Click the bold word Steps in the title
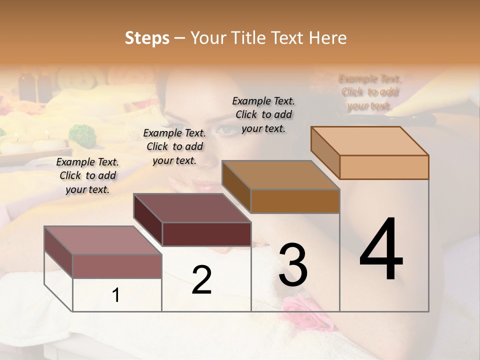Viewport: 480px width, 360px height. point(147,38)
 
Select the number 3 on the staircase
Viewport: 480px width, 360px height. point(293,265)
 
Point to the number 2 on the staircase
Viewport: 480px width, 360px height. point(201,280)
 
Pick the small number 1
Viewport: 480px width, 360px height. point(116,295)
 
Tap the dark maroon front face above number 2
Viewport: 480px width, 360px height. point(206,234)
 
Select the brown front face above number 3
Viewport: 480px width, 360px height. point(295,201)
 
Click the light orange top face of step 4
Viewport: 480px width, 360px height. point(370,141)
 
